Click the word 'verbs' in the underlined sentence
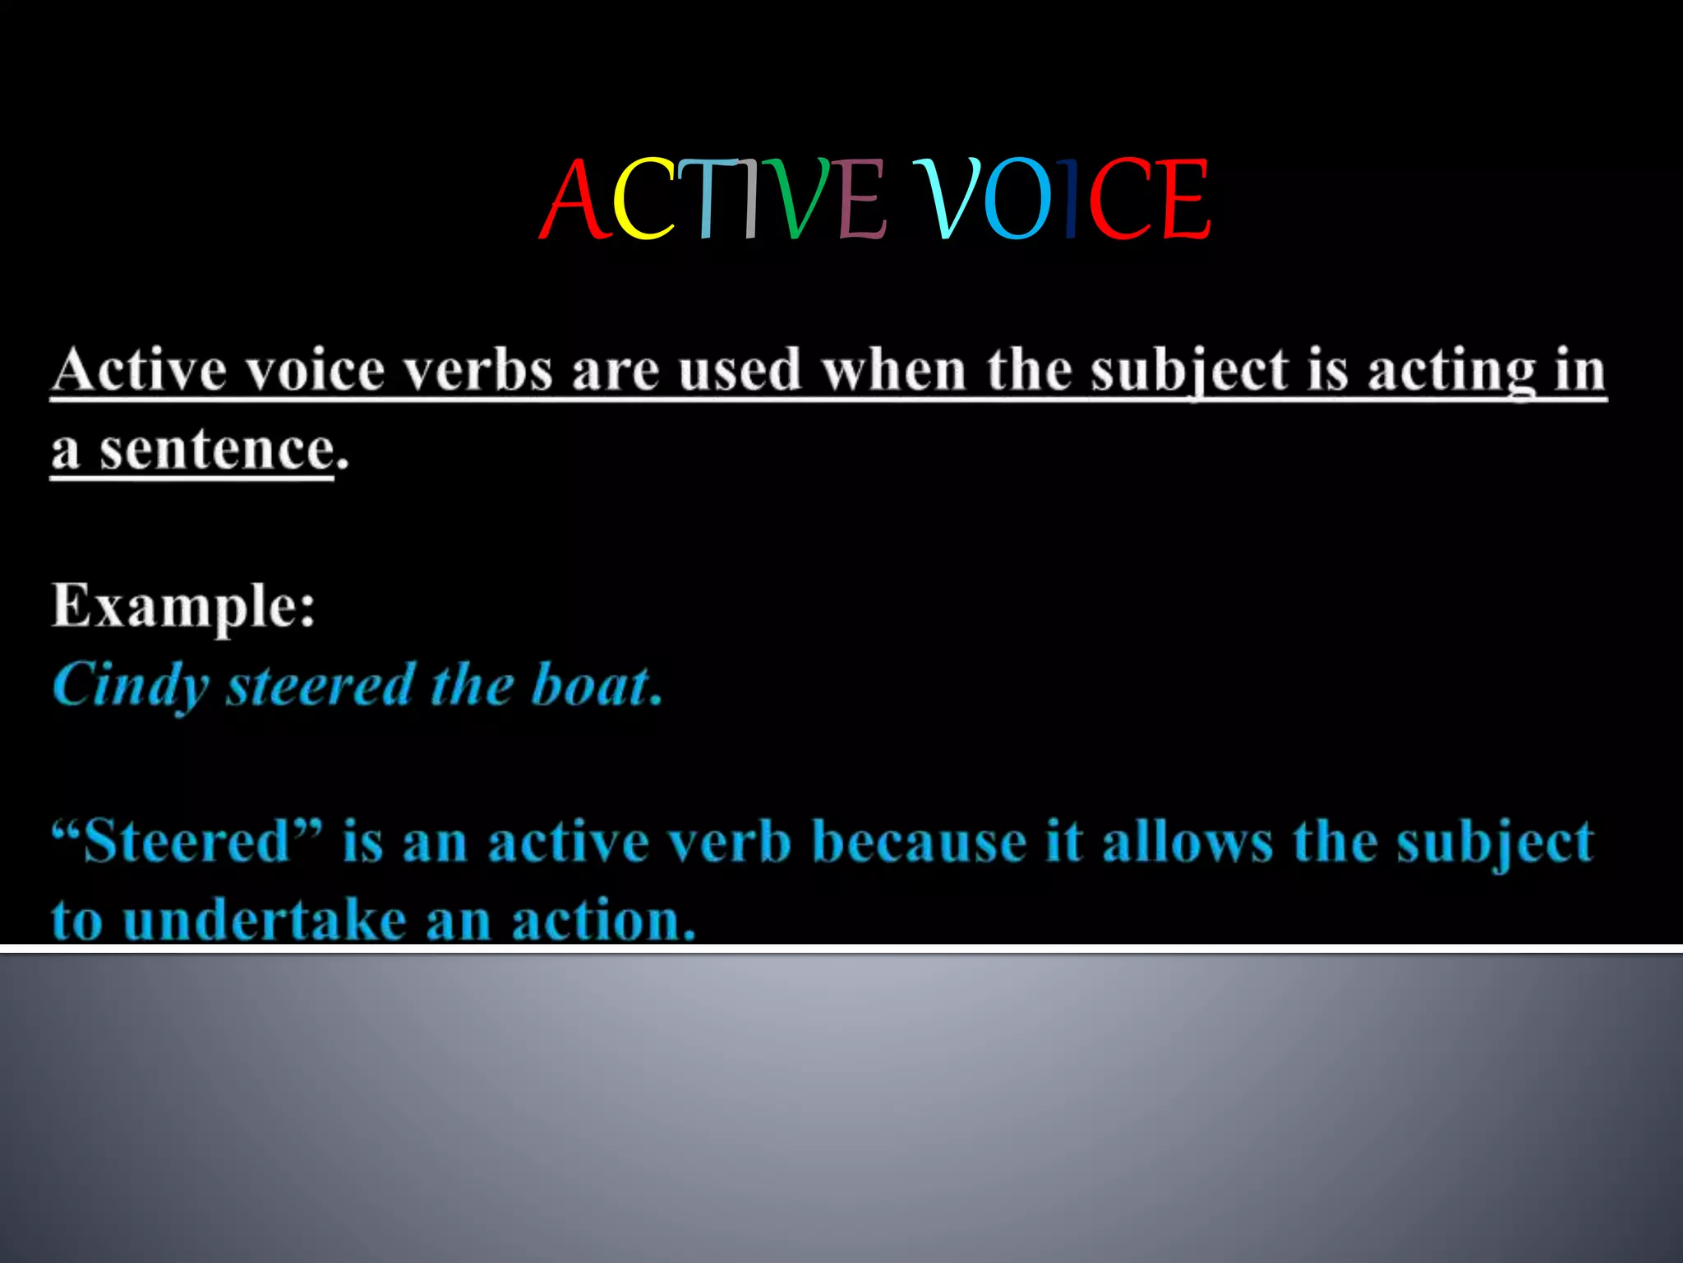pyautogui.click(x=479, y=370)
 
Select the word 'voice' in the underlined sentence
pyautogui.click(x=316, y=370)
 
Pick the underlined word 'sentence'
pyautogui.click(x=217, y=451)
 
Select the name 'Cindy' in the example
pyautogui.click(x=131, y=685)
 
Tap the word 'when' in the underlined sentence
pyautogui.click(x=894, y=370)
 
